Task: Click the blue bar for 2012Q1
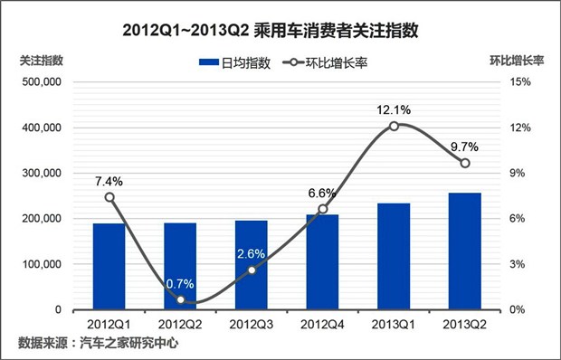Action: click(x=109, y=266)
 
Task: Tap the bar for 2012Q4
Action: click(x=322, y=261)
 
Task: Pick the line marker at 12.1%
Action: click(x=394, y=126)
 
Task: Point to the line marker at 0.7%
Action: click(x=181, y=299)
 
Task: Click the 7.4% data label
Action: click(x=109, y=181)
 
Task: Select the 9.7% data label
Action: click(x=464, y=147)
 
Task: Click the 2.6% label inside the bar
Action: click(x=252, y=253)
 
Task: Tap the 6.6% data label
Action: click(x=322, y=193)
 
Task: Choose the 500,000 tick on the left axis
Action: click(x=41, y=82)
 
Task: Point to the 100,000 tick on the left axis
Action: click(x=41, y=264)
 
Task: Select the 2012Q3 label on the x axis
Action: click(x=252, y=323)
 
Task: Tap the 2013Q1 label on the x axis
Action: click(x=394, y=323)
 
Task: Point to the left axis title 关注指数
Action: click(x=42, y=61)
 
